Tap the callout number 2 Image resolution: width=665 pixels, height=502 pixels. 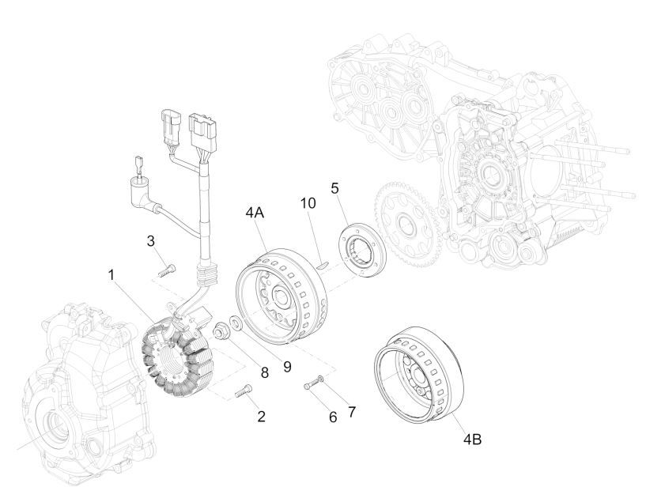pos(260,416)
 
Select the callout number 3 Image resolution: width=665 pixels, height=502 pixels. pos(150,240)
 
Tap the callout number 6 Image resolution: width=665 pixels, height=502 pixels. pos(332,416)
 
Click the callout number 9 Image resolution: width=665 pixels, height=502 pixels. pos(287,367)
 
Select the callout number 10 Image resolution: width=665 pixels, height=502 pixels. pos(308,202)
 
